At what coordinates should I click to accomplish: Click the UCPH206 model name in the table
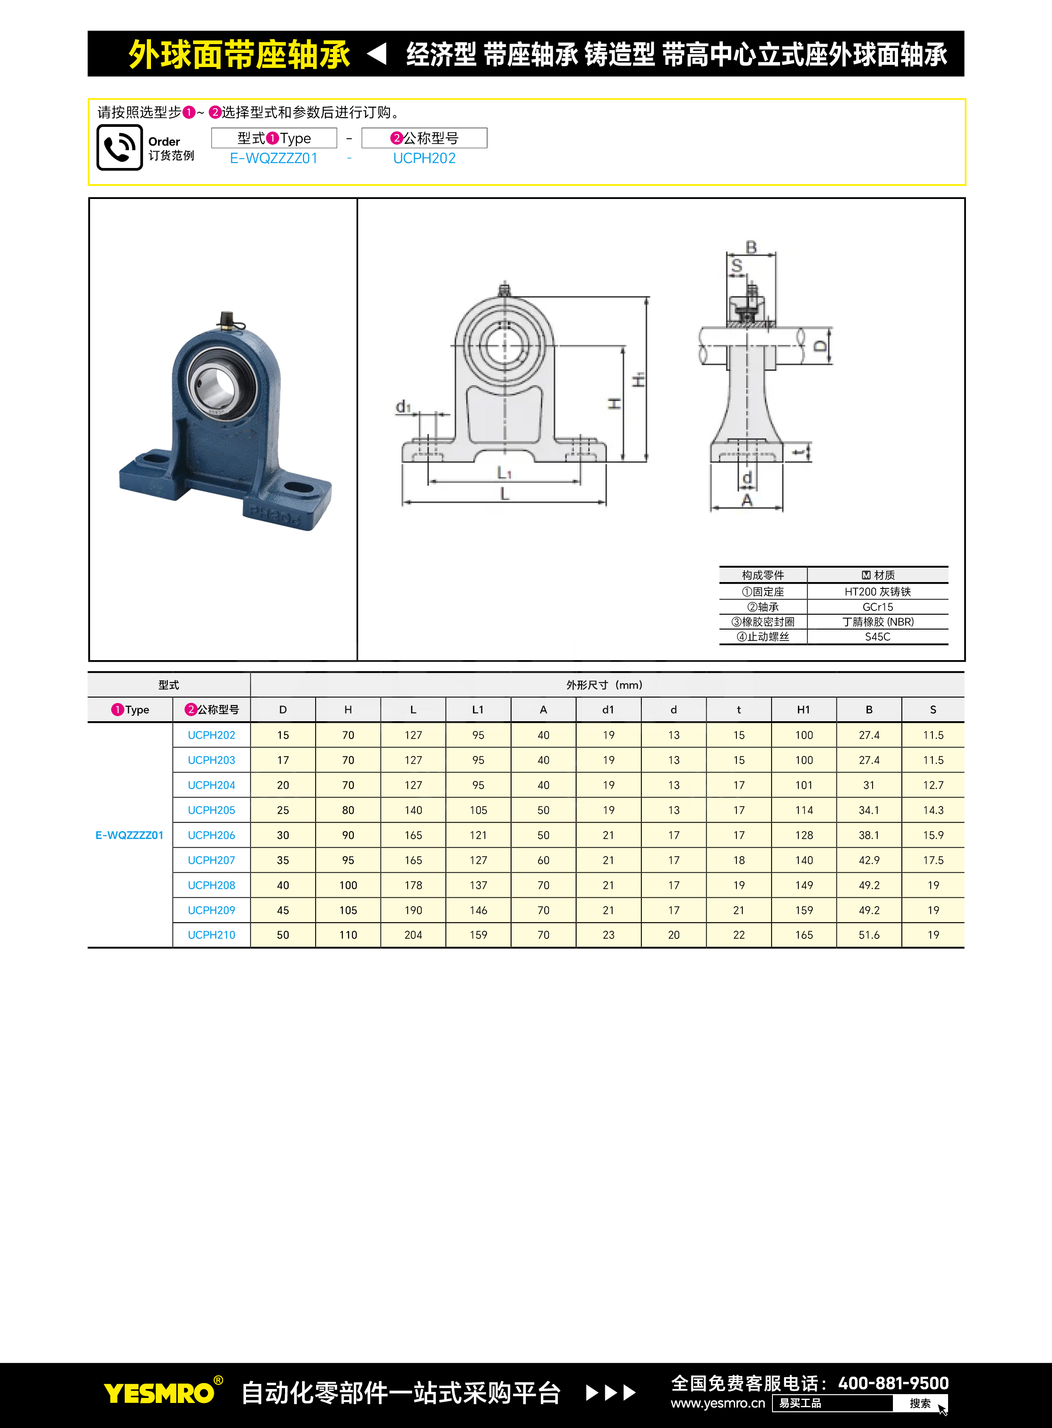tap(211, 835)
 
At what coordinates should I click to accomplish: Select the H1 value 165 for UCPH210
tap(804, 935)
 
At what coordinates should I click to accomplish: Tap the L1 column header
tap(478, 709)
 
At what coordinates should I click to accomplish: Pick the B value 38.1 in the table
tap(869, 835)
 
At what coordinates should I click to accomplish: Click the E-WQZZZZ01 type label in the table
tap(129, 835)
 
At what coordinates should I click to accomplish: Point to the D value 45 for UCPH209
tap(283, 910)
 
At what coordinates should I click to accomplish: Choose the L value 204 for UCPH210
tap(413, 935)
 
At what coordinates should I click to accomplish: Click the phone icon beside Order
tap(120, 148)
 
